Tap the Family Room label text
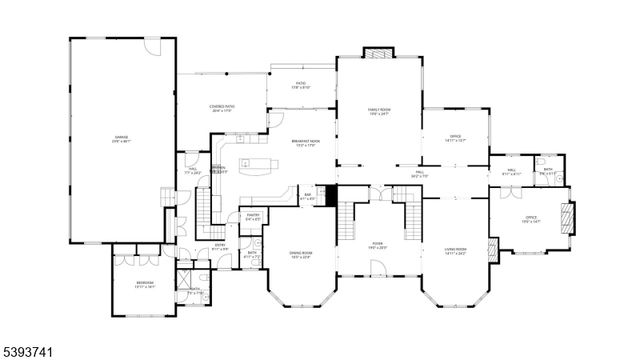coord(378,112)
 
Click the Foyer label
coord(378,243)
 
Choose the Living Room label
coord(457,253)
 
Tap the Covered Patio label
coord(222,108)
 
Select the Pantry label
coord(253,215)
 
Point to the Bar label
coord(308,196)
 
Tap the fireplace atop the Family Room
coord(378,51)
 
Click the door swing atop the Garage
coord(151,48)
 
